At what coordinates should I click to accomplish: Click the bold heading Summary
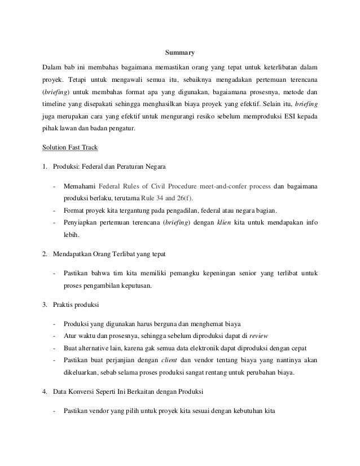(x=179, y=54)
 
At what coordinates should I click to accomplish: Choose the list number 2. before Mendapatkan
(x=46, y=254)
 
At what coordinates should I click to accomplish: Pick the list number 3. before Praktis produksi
(x=46, y=305)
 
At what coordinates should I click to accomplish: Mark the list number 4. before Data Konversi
(x=46, y=391)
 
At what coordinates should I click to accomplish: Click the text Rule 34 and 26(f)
(x=168, y=198)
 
